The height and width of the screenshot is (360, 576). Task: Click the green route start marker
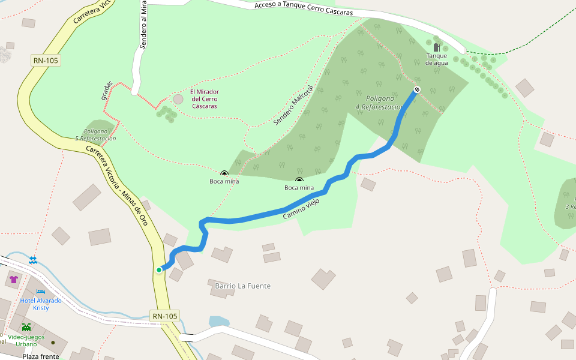(159, 270)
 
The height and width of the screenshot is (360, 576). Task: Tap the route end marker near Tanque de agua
(417, 89)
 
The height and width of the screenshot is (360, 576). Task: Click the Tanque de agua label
(437, 59)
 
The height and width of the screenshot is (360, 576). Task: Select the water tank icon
(437, 47)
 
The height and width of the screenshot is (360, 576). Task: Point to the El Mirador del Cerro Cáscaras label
(204, 99)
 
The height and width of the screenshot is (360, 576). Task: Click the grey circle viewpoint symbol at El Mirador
(178, 98)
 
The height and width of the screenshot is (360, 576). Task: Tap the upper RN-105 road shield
(46, 60)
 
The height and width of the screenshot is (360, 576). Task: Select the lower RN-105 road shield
(164, 316)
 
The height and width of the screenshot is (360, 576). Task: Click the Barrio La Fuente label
(243, 286)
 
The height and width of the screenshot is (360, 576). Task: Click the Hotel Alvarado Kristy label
(41, 304)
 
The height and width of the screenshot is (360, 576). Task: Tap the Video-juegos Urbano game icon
(26, 327)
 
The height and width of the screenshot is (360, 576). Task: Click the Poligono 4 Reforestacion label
(379, 102)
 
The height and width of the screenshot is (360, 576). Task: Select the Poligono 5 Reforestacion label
(96, 134)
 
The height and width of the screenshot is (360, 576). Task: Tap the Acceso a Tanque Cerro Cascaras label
(303, 8)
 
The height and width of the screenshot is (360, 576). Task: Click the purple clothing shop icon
(14, 280)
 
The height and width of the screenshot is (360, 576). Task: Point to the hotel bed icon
(41, 292)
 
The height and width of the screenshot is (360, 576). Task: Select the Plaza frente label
(41, 356)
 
